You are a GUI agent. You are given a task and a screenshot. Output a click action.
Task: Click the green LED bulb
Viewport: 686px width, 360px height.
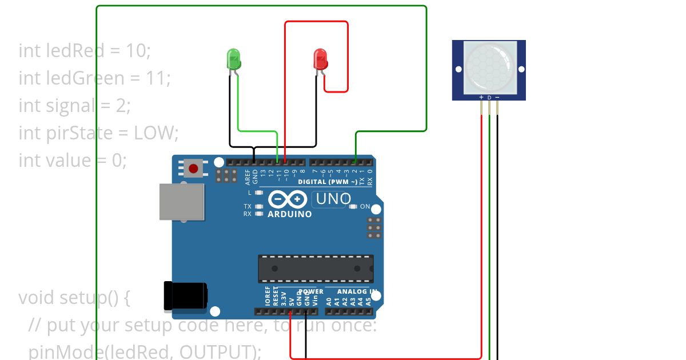coord(233,59)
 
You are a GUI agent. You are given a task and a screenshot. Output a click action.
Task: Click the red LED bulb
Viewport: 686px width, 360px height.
coord(320,59)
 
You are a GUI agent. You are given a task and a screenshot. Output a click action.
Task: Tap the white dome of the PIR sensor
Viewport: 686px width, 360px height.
coord(489,67)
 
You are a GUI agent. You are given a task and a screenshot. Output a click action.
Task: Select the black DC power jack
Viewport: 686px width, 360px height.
coord(184,296)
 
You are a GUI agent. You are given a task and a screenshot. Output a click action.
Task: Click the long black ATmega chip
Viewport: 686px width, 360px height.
coord(316,269)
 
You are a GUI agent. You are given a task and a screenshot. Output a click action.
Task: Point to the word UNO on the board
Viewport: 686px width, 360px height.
coord(333,199)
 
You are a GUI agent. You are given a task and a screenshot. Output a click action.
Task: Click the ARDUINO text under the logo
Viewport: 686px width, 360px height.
coord(290,214)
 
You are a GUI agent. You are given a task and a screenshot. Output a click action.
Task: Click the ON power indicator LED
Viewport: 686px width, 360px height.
coord(353,206)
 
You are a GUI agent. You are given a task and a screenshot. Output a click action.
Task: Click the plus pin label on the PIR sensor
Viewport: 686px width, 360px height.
coord(481,97)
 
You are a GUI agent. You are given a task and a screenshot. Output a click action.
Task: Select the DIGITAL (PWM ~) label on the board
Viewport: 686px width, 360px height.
coord(327,182)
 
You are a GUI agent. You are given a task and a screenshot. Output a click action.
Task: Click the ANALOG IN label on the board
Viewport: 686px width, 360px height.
coord(353,291)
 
